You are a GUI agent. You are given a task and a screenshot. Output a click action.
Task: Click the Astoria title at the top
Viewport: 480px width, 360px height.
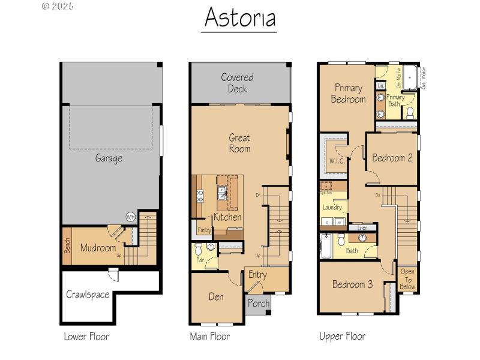coord(239,18)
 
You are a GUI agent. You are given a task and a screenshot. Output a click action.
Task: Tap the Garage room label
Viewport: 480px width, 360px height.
coord(109,158)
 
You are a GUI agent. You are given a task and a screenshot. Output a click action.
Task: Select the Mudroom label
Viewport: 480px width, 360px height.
coord(98,247)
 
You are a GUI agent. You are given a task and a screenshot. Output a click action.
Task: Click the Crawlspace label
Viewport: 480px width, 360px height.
coord(88,295)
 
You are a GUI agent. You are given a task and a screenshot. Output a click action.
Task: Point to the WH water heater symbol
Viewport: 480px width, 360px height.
coord(130,217)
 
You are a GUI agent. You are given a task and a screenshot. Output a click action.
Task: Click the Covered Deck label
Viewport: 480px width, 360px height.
coord(237,83)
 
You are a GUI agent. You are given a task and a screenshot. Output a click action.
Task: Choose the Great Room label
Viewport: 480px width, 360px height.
coord(239,143)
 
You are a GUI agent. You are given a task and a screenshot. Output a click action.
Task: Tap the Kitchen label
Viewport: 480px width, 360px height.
coord(227,217)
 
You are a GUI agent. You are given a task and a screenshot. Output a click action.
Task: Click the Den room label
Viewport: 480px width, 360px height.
coord(216,296)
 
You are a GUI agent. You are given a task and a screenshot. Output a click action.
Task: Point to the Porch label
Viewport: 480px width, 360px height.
coord(259,303)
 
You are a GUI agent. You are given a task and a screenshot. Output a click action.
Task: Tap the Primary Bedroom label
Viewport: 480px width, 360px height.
coord(349,94)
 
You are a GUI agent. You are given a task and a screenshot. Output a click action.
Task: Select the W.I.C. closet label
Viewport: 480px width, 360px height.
coord(336,161)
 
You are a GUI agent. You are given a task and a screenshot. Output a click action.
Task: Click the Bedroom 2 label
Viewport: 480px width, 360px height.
coord(392,158)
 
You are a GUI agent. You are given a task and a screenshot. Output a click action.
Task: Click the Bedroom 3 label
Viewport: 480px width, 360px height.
coord(352,284)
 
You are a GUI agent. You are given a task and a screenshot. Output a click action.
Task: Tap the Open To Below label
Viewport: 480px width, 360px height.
coord(407,279)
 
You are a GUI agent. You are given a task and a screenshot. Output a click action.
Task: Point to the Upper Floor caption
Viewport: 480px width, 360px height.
coord(342,337)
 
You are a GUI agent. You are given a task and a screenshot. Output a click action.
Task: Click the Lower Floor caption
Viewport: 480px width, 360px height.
coord(86,337)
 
